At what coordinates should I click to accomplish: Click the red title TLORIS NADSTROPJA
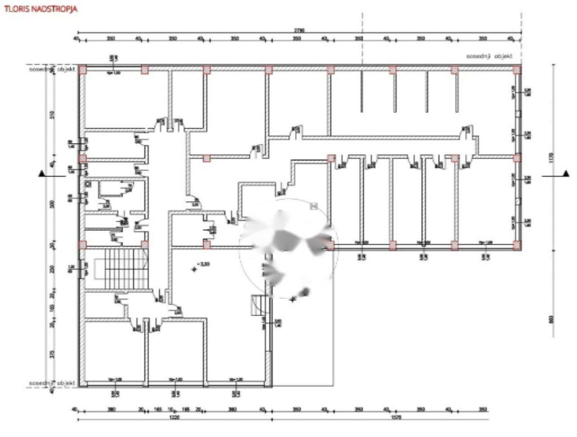[x=40, y=9]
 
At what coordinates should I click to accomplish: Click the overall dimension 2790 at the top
[x=299, y=30]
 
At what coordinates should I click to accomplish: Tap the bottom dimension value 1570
[x=396, y=418]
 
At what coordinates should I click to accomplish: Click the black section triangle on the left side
[x=41, y=174]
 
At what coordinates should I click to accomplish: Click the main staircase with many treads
[x=121, y=269]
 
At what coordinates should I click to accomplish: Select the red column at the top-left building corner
[x=82, y=70]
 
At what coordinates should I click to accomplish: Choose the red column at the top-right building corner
[x=517, y=70]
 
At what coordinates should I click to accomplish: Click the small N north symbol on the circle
[x=314, y=206]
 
